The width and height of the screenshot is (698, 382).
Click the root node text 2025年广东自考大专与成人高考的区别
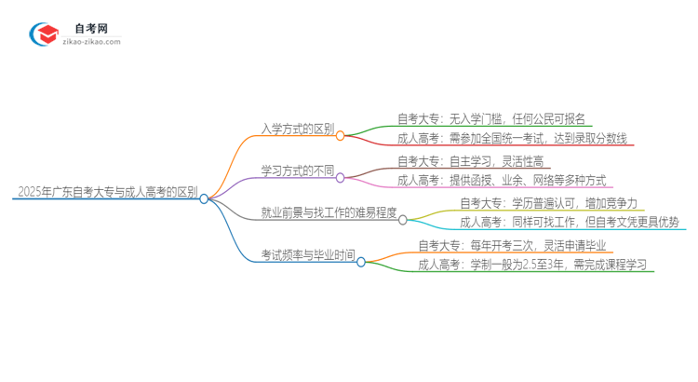click(x=106, y=192)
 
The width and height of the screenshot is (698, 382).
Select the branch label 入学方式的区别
click(x=298, y=129)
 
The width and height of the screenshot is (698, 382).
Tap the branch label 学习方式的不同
click(x=298, y=171)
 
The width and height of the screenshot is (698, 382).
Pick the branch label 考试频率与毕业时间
click(x=308, y=255)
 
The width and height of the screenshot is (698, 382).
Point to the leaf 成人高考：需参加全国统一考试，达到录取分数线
click(x=515, y=139)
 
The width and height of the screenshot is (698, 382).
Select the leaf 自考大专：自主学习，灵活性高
click(x=470, y=160)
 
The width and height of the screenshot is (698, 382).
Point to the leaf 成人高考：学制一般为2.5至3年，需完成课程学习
click(x=535, y=266)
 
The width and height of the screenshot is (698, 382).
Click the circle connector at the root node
click(x=204, y=198)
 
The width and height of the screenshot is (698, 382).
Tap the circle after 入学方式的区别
click(x=341, y=135)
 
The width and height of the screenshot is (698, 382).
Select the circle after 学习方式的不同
click(x=341, y=177)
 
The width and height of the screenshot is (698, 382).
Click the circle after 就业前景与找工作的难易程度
click(x=403, y=220)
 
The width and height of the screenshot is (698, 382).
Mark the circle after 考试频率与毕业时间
click(x=361, y=262)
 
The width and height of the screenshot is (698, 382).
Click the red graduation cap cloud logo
click(x=43, y=34)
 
